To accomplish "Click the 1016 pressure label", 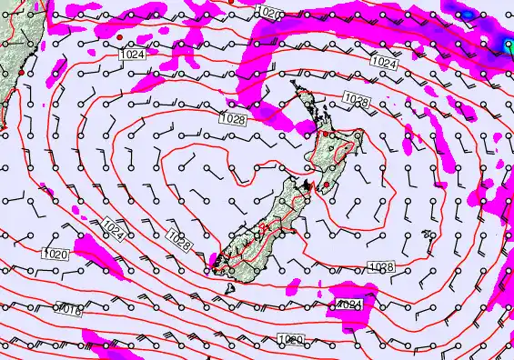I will tap(69, 311).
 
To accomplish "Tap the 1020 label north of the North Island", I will tap(269, 12).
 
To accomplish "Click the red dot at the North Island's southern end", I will tap(326, 185).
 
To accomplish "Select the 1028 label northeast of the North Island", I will tap(356, 101).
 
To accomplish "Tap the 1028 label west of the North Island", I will tap(234, 118).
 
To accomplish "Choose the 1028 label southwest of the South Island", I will tap(178, 237).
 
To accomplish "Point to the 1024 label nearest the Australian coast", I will tap(130, 55).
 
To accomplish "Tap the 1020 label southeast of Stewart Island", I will tap(289, 340).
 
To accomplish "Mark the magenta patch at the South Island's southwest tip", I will tap(213, 265).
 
